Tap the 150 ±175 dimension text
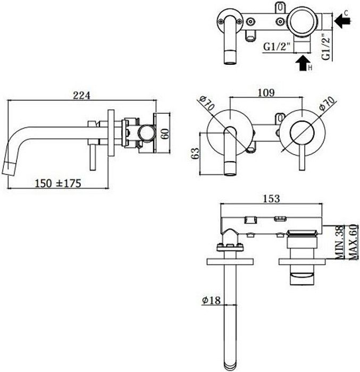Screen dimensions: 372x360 coord(57,183)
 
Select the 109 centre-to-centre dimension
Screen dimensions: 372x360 coord(266,93)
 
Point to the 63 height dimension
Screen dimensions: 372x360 coord(195,154)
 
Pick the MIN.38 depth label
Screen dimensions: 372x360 coord(339,242)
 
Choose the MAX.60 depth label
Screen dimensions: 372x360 coord(351,242)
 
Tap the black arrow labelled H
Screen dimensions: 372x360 coord(303,64)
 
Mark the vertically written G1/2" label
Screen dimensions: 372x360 coord(328,45)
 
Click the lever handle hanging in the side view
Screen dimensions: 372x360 coord(91,157)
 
